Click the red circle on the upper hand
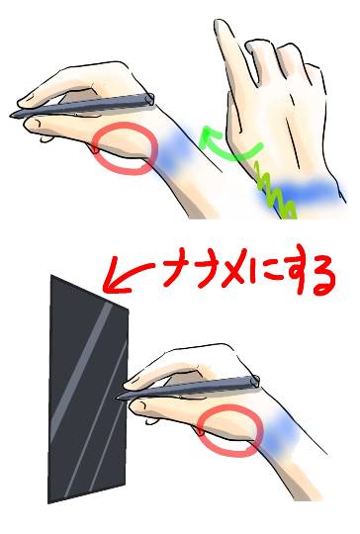[124, 149]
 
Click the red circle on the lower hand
[230, 433]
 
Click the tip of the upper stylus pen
[14, 114]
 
